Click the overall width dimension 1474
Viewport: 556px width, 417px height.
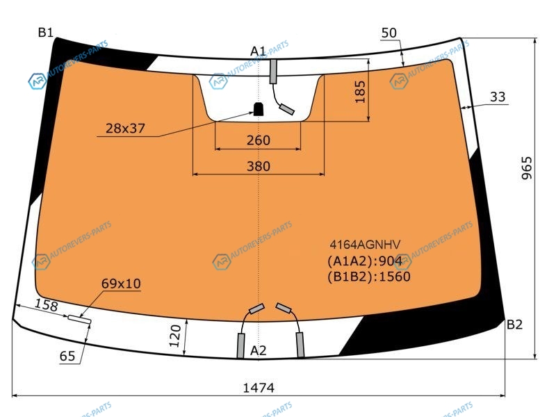259,388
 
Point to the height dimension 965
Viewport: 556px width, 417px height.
527,168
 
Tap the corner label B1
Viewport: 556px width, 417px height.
46,33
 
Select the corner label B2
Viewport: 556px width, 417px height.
514,325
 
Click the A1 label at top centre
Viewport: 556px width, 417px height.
258,51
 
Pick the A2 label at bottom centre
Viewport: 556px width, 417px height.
258,351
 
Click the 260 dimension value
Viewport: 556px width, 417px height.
259,140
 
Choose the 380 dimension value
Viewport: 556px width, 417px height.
259,166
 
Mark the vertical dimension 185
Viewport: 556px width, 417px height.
360,92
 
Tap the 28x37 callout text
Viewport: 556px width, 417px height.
126,129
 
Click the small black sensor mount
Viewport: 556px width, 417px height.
259,109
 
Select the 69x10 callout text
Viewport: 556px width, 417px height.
121,284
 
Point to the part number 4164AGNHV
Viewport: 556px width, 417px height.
365,245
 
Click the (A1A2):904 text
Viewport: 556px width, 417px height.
364,261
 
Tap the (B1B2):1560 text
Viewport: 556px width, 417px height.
369,277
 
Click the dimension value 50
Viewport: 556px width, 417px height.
389,33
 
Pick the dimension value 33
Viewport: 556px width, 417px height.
498,97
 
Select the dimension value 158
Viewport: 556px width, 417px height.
47,305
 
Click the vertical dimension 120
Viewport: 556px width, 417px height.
175,336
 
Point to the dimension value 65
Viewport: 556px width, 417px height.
67,356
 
